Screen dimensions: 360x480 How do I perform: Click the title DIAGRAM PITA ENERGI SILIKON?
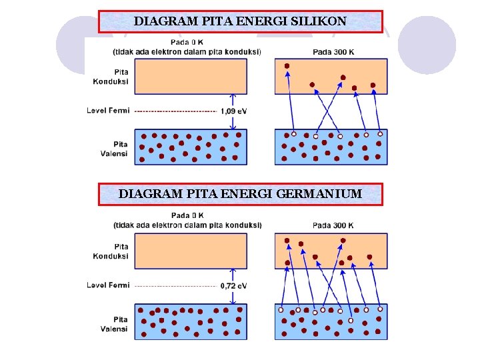coord(240,21)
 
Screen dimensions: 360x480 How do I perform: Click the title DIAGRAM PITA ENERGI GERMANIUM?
coord(240,194)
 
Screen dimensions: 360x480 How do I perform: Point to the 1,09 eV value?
coord(233,111)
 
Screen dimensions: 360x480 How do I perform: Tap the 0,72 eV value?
coord(233,286)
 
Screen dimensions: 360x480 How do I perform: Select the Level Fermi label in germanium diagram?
coord(108,285)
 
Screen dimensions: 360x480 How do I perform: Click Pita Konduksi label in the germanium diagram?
coord(112,251)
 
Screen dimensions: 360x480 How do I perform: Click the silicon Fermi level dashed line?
coord(175,111)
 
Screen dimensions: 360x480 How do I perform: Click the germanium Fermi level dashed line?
coord(175,286)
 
